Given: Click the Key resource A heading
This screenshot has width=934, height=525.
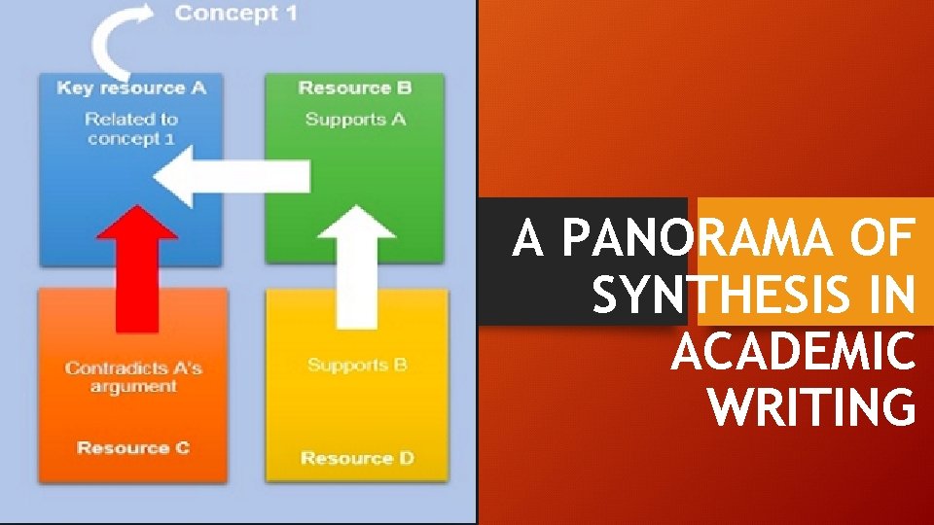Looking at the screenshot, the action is click(131, 87).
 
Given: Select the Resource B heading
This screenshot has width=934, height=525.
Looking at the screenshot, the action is click(355, 87).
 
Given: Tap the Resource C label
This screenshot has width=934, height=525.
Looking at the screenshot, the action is click(133, 448).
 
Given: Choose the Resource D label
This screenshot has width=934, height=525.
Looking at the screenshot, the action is click(357, 458).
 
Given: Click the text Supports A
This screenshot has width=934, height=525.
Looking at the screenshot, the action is click(355, 120).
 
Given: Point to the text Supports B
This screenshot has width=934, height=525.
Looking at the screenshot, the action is click(357, 366).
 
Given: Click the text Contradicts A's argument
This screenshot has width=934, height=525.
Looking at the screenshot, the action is click(133, 377).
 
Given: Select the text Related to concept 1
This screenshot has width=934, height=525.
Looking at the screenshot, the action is click(131, 129).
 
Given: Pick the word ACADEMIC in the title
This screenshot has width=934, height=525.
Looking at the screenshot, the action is click(793, 352).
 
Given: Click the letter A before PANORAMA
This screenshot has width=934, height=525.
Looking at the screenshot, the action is click(528, 239).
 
